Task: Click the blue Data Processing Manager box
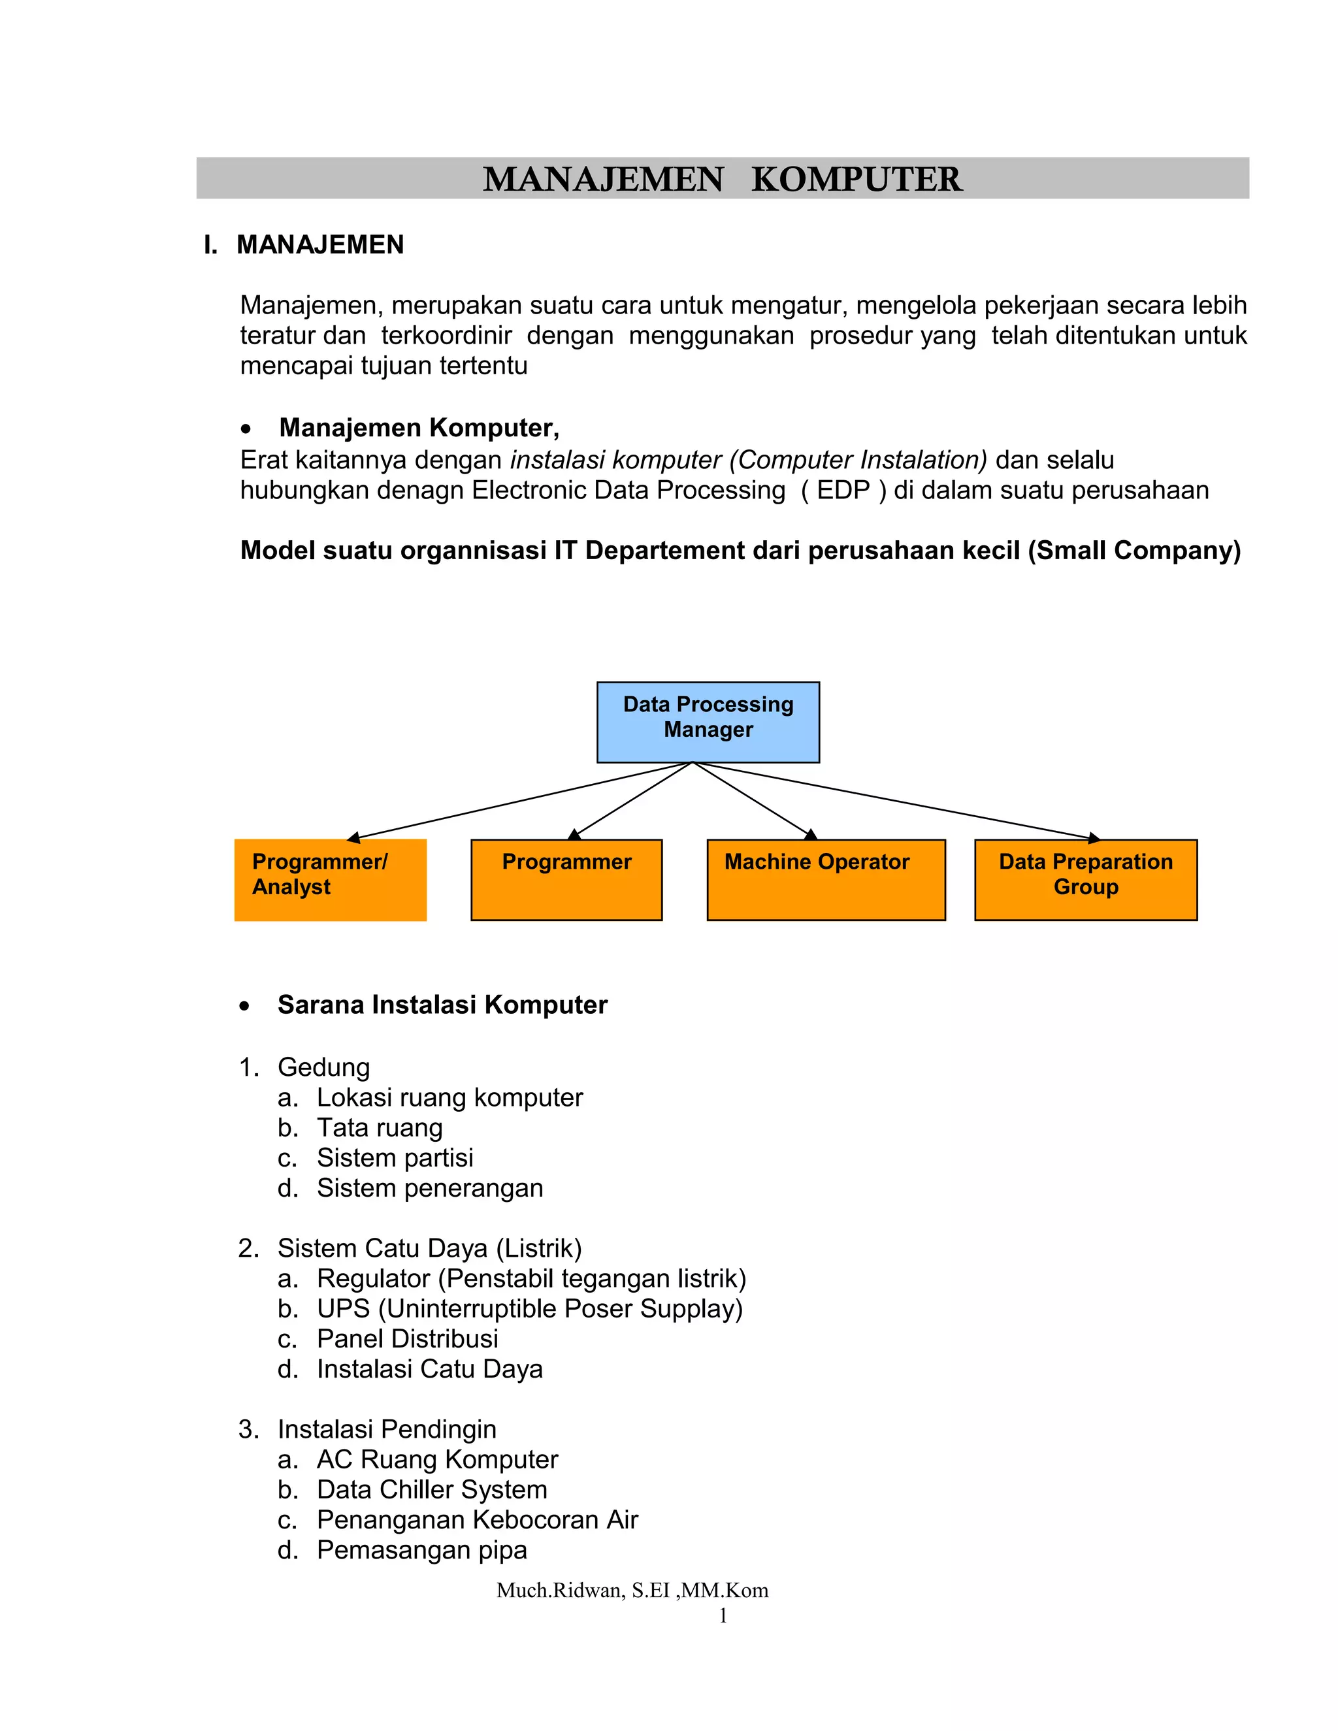(x=708, y=722)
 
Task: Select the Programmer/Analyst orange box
(x=330, y=880)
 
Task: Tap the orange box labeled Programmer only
(x=566, y=880)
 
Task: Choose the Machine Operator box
(x=826, y=880)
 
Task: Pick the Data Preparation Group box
(x=1085, y=880)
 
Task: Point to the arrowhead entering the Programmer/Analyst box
(x=353, y=838)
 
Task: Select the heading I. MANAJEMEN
(x=304, y=245)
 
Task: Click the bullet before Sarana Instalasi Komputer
(x=245, y=1007)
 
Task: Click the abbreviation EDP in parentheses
(x=843, y=490)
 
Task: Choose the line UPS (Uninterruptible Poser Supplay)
(x=529, y=1308)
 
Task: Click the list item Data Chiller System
(x=432, y=1489)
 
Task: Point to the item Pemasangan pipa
(x=421, y=1549)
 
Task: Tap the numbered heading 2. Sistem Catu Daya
(x=410, y=1248)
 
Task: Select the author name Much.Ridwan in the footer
(x=560, y=1591)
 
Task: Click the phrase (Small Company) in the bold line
(x=1134, y=550)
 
